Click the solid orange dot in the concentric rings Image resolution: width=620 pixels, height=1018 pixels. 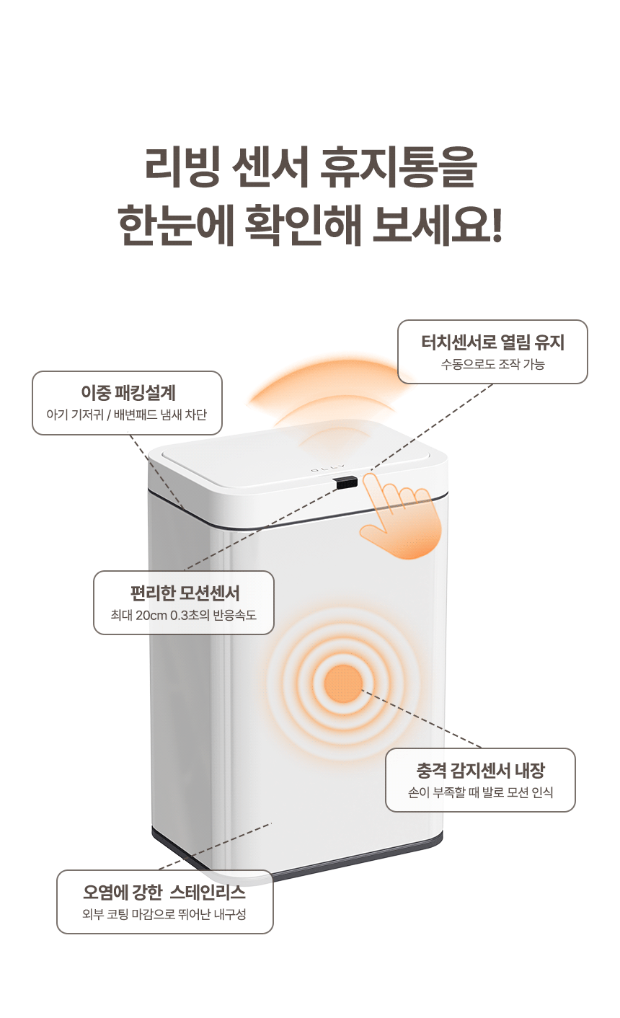pos(343,683)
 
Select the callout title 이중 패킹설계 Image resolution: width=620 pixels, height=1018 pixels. pos(128,393)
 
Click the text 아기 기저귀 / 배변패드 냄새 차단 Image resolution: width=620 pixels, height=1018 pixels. pos(127,415)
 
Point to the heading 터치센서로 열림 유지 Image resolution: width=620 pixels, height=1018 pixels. pos(492,342)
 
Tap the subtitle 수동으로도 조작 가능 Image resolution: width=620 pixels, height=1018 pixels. pos(492,364)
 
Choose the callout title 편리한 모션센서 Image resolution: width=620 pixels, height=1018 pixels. pos(184,593)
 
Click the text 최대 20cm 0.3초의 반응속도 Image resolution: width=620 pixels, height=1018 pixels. pos(184,615)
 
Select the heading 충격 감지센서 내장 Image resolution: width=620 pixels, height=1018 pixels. pos(480,770)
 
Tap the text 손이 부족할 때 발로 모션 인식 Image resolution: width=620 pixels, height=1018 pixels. pos(480,792)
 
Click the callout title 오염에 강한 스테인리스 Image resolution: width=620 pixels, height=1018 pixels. pos(164,892)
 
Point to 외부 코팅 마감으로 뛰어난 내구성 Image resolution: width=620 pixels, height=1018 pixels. pos(164,914)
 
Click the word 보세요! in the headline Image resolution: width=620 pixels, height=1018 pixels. pos(439,224)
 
